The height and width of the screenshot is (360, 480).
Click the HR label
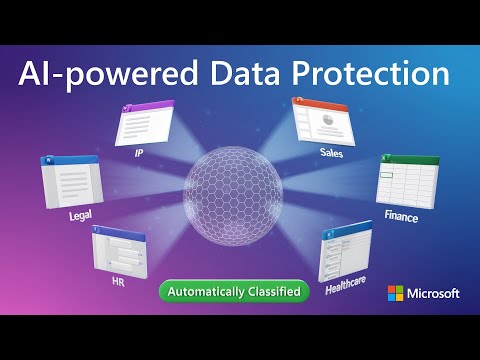coord(117,282)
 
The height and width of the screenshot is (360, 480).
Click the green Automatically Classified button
coord(233,291)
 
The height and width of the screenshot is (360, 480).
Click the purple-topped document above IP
coord(146,124)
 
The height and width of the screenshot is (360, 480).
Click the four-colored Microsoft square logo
coord(395,293)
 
